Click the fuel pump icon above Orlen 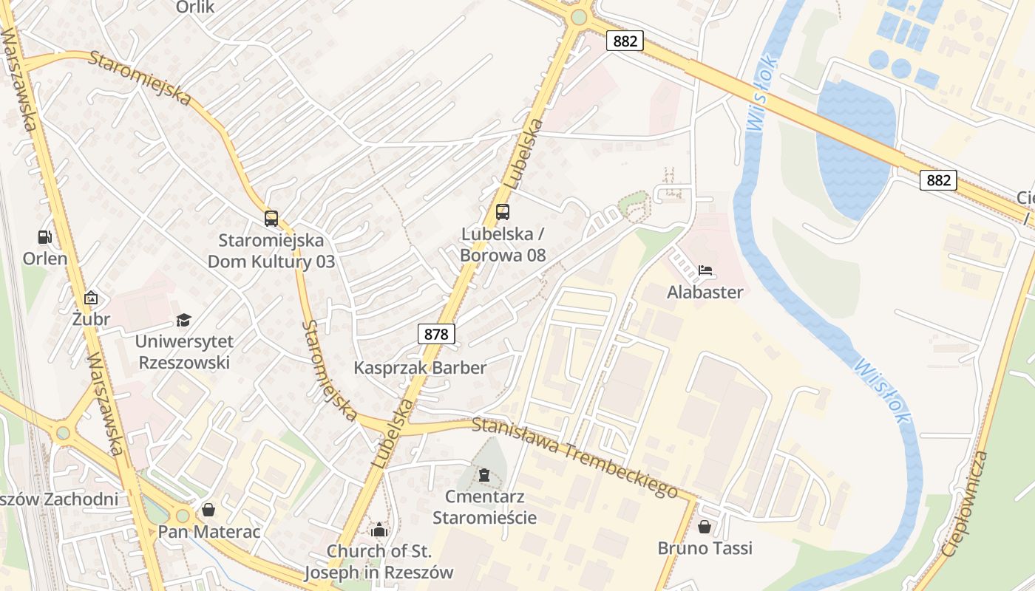(x=45, y=237)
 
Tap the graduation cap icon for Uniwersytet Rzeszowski (x=183, y=320)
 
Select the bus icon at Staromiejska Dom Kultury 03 (x=271, y=219)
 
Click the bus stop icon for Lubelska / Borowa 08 (x=503, y=212)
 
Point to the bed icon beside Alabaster (x=705, y=270)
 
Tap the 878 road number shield (x=436, y=334)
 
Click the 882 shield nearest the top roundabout (x=625, y=41)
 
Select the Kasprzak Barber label (x=420, y=368)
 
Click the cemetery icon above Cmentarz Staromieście (x=484, y=474)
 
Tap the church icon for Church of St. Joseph (x=379, y=530)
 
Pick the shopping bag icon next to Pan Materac (x=208, y=510)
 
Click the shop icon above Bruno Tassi (x=705, y=527)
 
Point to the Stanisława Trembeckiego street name (x=574, y=457)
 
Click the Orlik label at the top (x=195, y=7)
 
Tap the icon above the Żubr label (x=91, y=298)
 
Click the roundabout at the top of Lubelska (x=579, y=17)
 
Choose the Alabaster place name (x=705, y=292)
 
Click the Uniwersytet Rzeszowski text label (x=183, y=352)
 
